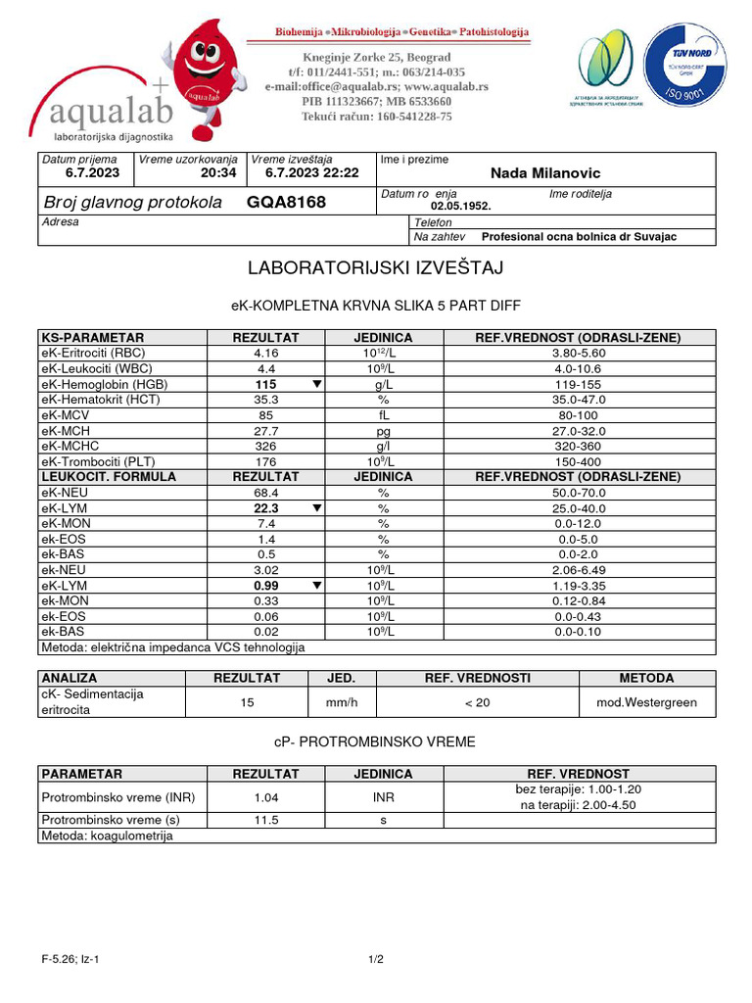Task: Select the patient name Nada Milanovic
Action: tap(545, 173)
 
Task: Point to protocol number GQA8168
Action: tap(286, 203)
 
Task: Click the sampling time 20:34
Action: tap(218, 172)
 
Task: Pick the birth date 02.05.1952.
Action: tap(461, 207)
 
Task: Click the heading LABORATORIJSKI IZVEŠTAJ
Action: tap(376, 267)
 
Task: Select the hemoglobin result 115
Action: tap(266, 385)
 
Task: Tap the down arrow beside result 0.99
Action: tap(316, 586)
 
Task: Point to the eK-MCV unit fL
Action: tap(384, 415)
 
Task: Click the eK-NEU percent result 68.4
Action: tap(266, 493)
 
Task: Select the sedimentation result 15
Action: tap(248, 702)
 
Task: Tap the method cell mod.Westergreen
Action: tap(646, 702)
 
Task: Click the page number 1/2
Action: tap(376, 960)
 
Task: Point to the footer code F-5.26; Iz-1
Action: tap(70, 960)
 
